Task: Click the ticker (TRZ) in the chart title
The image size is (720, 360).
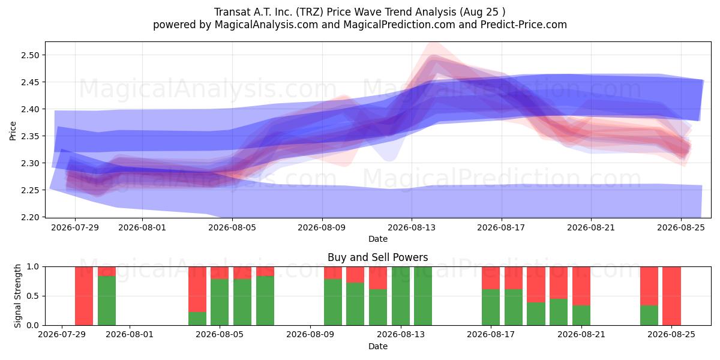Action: click(x=310, y=12)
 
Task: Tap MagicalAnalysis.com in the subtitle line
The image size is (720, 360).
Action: click(x=266, y=25)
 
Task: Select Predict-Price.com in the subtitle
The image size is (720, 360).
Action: click(x=524, y=25)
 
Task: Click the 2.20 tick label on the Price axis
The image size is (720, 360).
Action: click(x=30, y=217)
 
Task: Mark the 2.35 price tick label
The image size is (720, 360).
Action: click(x=30, y=136)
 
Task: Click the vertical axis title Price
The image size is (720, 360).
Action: click(x=13, y=131)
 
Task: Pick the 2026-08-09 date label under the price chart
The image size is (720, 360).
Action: click(x=322, y=227)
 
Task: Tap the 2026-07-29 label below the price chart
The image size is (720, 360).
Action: click(x=75, y=227)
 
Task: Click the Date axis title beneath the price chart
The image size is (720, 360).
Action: click(x=378, y=239)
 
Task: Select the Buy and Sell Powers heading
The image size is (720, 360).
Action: click(x=377, y=257)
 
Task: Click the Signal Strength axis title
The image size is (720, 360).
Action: click(x=17, y=296)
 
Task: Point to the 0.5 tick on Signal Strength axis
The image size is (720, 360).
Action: click(x=33, y=296)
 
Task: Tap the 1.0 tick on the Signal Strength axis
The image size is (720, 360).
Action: click(x=33, y=267)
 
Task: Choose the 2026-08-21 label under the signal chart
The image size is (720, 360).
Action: click(x=581, y=335)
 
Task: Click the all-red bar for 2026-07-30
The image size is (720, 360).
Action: click(x=84, y=296)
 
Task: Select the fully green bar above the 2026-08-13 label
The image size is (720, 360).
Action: click(x=401, y=296)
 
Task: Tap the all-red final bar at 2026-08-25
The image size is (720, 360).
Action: click(x=671, y=296)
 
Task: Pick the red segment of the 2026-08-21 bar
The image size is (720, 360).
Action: click(x=581, y=286)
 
